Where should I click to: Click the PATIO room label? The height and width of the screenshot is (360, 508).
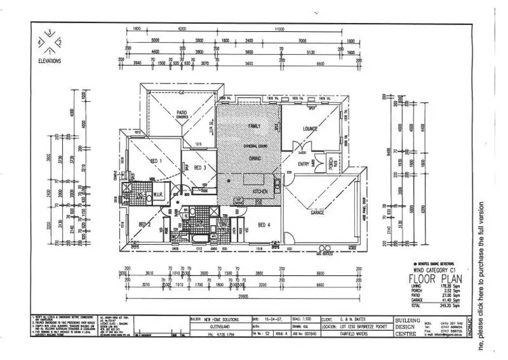point(182,113)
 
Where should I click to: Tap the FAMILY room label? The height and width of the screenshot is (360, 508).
point(254,127)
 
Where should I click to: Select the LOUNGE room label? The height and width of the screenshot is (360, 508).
point(310,128)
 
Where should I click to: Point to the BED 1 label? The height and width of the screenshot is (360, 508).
point(154,159)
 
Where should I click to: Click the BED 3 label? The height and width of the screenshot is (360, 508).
point(200,167)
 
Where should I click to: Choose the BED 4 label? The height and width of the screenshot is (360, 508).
point(265,225)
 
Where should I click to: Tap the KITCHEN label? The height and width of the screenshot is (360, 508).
point(261,193)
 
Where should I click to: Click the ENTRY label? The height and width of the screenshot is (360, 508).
point(303,163)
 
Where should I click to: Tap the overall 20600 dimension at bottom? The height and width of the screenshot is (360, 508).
point(243,296)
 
